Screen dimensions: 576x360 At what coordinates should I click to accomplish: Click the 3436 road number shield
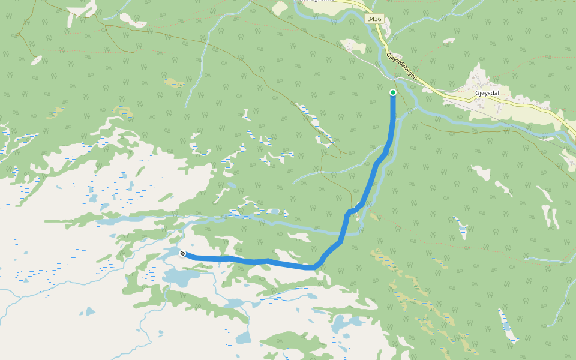[374, 19]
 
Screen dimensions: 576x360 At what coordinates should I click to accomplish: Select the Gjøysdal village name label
[487, 94]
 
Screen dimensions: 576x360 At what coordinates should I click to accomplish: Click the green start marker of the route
[393, 92]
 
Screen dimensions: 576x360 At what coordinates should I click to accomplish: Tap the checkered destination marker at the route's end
[182, 254]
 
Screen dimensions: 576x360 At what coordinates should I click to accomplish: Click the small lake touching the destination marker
[171, 254]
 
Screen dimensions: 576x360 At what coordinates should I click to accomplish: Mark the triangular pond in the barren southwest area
[90, 311]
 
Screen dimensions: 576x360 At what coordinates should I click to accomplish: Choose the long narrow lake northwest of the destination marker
[114, 220]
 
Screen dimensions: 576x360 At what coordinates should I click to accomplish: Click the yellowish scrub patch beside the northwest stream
[174, 83]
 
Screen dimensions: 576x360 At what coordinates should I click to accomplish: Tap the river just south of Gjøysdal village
[480, 123]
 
